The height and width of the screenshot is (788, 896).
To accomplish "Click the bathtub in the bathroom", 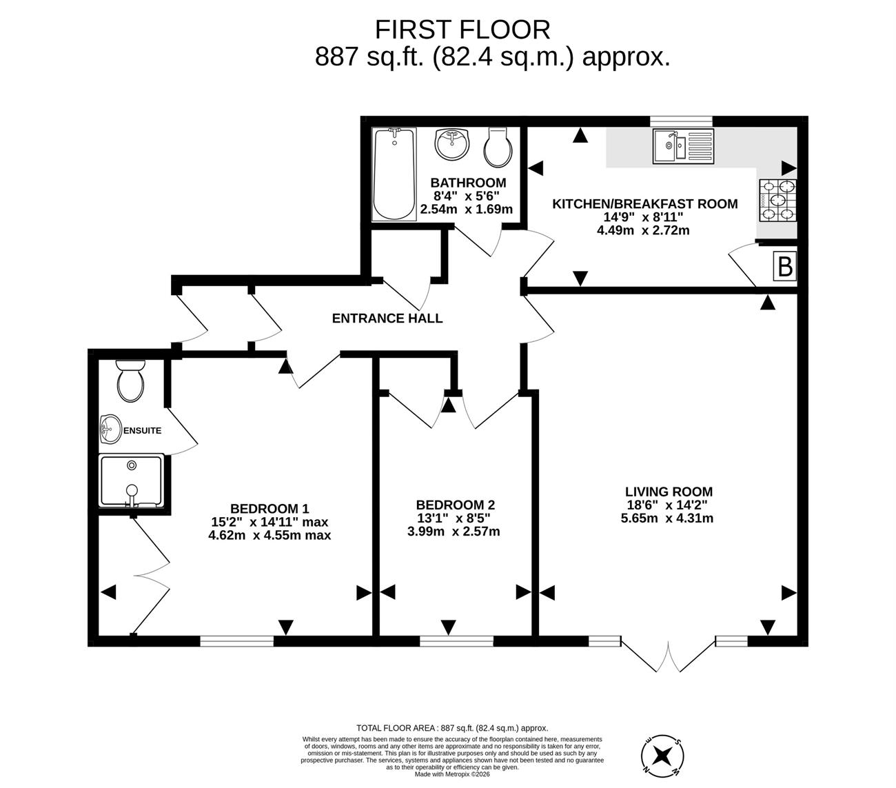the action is (394, 174).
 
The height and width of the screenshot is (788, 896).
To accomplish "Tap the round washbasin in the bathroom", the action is (451, 144).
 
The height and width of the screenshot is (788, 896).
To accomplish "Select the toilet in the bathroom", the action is (498, 148).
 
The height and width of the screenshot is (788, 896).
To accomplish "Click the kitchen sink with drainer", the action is (683, 145).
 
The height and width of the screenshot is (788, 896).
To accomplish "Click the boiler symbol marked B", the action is (785, 266).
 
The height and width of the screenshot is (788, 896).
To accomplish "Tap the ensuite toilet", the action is (130, 381).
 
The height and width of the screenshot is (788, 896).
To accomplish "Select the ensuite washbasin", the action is (110, 430).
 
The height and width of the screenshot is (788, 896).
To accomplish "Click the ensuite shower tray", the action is (132, 481).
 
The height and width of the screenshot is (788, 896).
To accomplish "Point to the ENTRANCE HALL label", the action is (387, 319).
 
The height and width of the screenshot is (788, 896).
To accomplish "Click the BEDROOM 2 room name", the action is (455, 505).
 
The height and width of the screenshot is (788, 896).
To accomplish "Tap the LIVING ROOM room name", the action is (669, 492).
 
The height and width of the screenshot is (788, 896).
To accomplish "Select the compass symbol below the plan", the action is (662, 756).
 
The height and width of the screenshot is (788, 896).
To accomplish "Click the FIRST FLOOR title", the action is (462, 30).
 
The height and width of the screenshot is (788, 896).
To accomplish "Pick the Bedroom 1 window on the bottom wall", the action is (236, 641).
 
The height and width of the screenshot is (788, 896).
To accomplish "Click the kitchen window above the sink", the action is (681, 121).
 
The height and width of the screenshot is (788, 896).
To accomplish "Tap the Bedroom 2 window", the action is (456, 641).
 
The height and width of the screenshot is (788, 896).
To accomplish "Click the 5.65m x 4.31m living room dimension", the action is (667, 518).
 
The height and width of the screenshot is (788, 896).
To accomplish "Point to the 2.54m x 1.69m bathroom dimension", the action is (466, 210).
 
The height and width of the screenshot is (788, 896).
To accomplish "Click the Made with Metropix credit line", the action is (452, 774).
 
